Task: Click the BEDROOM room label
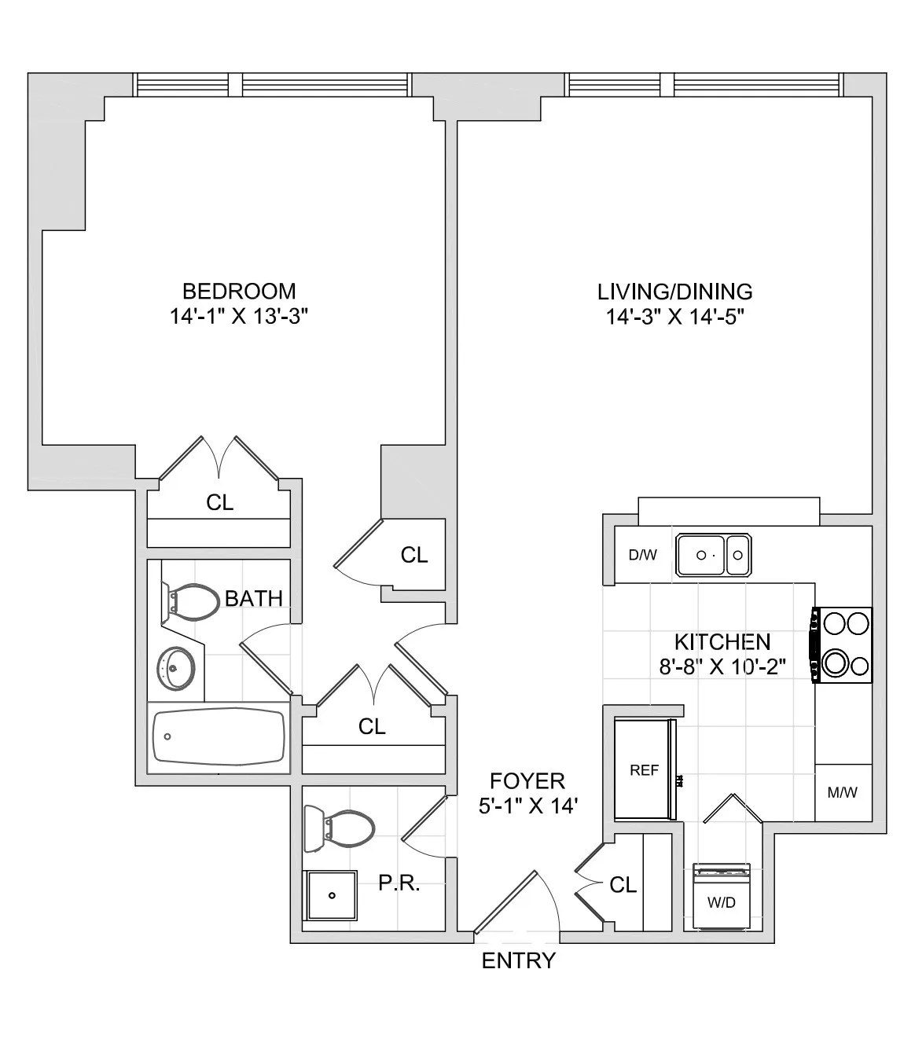(239, 291)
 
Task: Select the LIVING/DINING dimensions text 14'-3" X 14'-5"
(674, 318)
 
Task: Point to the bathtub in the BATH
(219, 737)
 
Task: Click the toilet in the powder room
(340, 828)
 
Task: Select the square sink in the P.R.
(333, 895)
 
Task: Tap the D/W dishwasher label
(642, 555)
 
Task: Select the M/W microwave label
(843, 792)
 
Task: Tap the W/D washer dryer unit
(722, 898)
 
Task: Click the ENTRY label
(518, 960)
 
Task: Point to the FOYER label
(527, 780)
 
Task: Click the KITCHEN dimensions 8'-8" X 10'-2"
(722, 667)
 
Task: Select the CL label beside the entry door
(623, 885)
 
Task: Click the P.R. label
(399, 883)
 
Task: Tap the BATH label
(253, 598)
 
